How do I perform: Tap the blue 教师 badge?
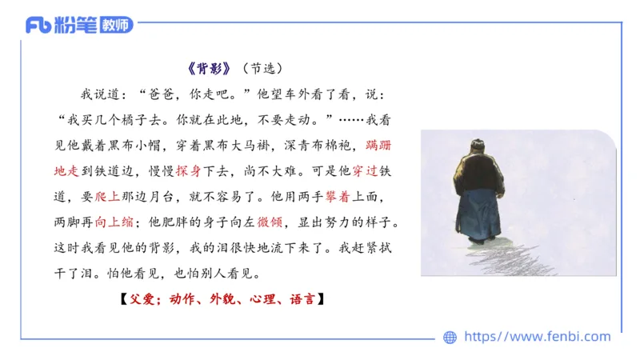click(112, 25)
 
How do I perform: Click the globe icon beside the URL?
click(450, 337)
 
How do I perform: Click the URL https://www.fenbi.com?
click(537, 337)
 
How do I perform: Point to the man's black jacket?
click(479, 173)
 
